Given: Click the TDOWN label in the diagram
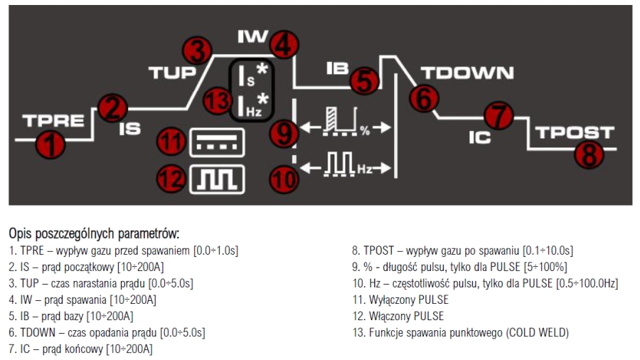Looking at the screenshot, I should [x=466, y=73].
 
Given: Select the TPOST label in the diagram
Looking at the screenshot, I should [x=574, y=132].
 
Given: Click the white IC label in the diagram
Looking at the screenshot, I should [x=479, y=137].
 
